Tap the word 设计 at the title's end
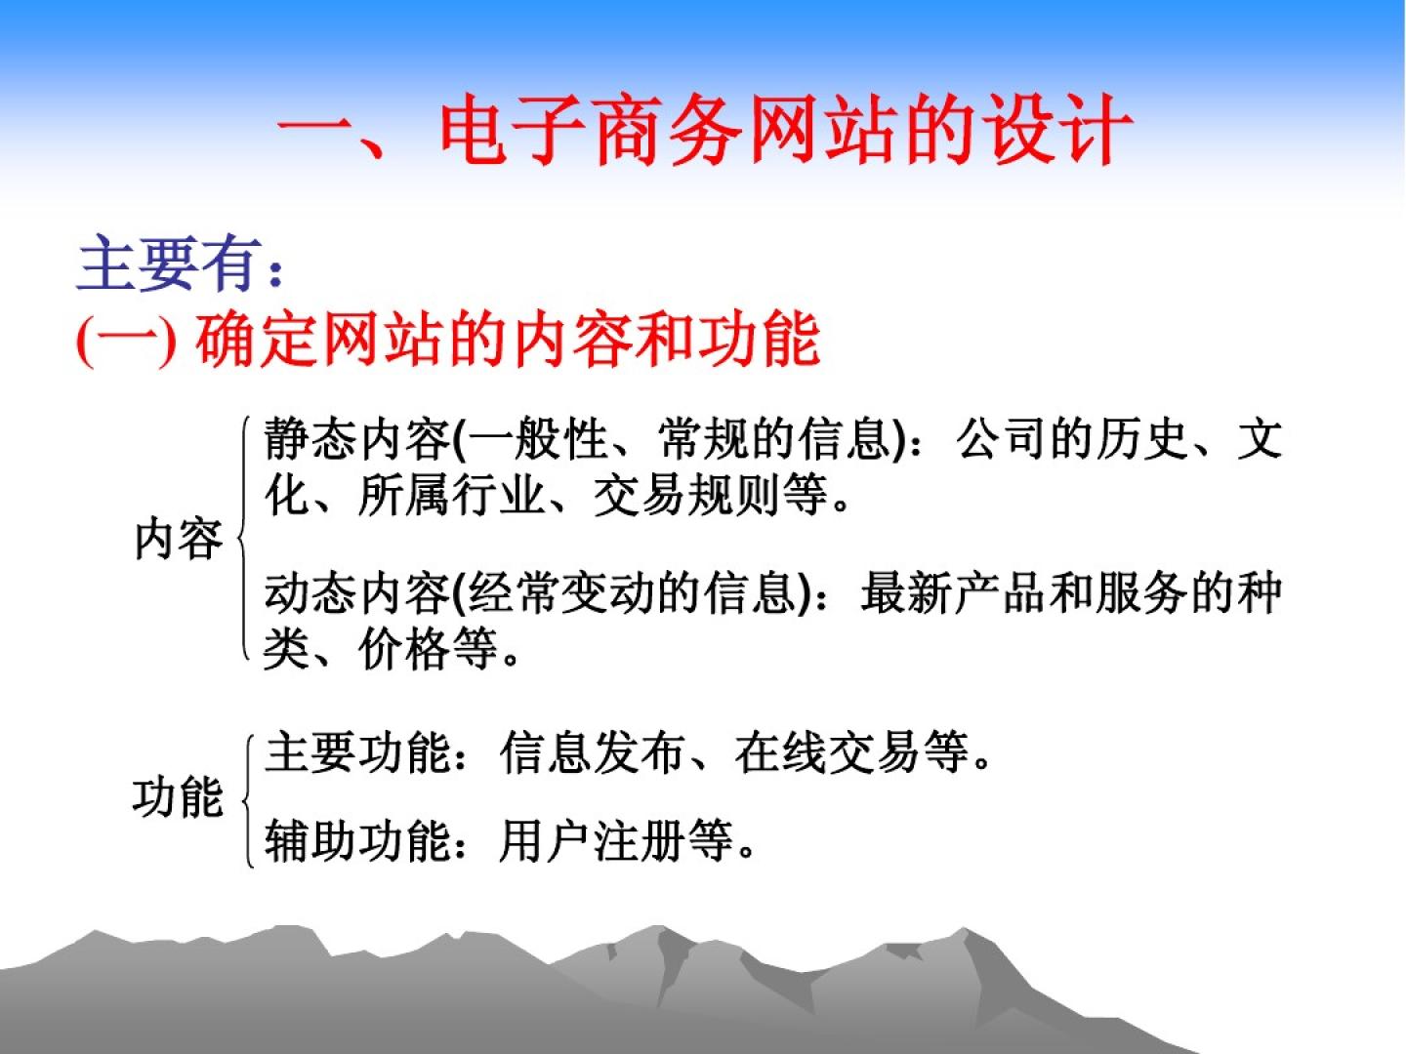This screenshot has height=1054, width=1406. tap(1056, 130)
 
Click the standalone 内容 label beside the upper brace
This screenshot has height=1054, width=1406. tap(179, 540)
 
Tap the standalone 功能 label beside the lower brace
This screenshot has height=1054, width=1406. tap(178, 797)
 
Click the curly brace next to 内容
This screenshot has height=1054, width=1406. tap(243, 538)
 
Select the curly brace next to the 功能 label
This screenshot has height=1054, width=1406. tap(248, 800)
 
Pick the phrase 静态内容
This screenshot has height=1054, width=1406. tap(356, 439)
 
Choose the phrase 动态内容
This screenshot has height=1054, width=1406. tap(356, 593)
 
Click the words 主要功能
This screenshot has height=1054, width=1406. tap(356, 752)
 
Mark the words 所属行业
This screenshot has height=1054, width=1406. tap(451, 495)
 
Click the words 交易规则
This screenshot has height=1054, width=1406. tap(686, 495)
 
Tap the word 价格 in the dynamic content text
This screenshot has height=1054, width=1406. tap(404, 649)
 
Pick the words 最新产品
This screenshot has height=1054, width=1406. tap(954, 593)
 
